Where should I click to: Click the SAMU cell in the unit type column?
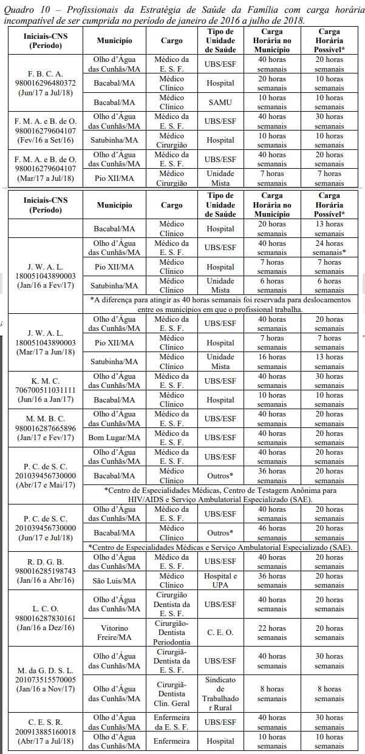tap(220, 102)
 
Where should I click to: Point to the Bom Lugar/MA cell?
tap(117, 438)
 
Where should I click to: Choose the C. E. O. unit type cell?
tap(220, 633)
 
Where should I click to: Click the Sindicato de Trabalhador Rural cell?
tap(220, 689)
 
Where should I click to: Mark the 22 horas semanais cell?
tap(271, 633)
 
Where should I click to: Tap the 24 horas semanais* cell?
tap(329, 248)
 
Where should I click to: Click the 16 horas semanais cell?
tap(271, 362)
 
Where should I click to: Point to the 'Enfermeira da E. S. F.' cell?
tap(172, 722)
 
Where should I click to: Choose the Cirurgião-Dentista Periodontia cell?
tap(172, 633)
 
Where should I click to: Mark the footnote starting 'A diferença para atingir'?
tap(220, 304)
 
